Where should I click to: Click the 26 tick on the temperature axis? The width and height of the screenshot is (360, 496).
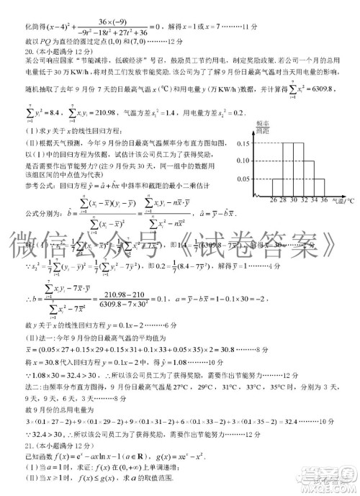pos(274,201)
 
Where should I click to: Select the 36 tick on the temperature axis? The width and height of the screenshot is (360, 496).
pos(325,201)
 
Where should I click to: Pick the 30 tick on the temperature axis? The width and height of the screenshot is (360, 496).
pos(294,201)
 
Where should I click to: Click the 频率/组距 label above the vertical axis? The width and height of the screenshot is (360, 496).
pos(263,128)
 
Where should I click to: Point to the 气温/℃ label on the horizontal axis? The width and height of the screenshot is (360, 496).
pos(343,202)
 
